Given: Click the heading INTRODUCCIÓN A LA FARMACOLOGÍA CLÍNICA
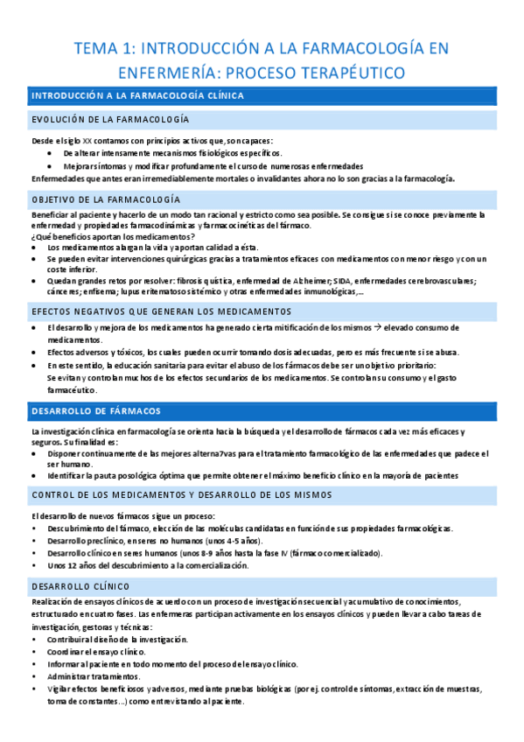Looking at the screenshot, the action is click(137, 95).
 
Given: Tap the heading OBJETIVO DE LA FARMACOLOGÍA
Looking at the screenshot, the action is click(106, 199).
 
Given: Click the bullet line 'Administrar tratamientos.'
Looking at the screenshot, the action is click(93, 675).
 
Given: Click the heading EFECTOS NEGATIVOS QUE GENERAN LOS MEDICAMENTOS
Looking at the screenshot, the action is click(161, 311).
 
